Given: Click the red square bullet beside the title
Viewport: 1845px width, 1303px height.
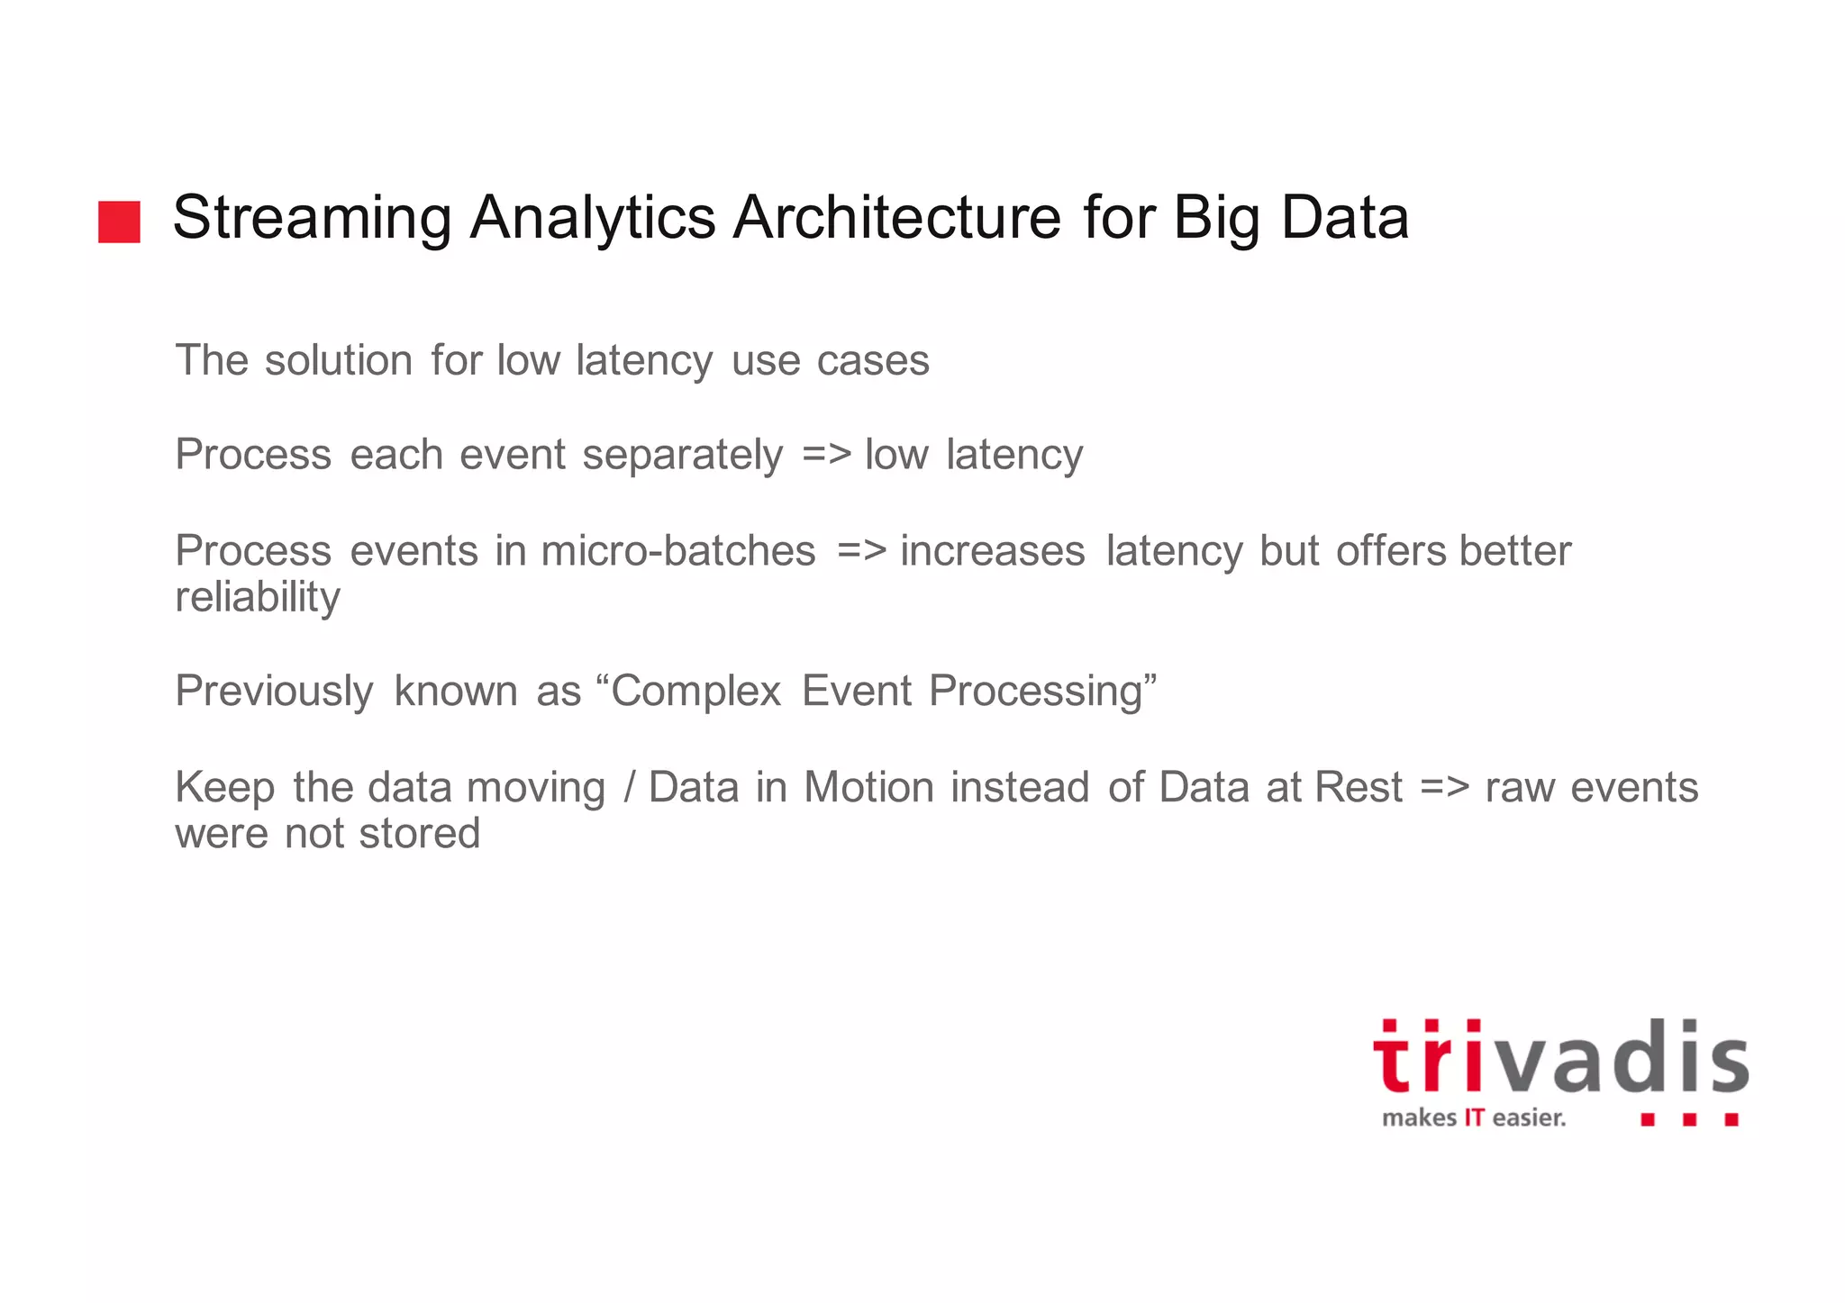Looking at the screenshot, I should click(119, 222).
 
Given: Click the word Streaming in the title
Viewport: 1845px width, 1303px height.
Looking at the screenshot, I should click(312, 218).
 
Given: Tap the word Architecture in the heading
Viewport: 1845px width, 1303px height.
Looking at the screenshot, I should click(896, 218).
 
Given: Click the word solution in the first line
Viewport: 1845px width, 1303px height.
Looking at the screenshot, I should click(339, 360).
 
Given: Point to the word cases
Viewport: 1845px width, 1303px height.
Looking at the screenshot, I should click(872, 360).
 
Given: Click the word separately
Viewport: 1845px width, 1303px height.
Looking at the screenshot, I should click(682, 455).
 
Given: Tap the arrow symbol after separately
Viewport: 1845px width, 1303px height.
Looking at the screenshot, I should click(826, 455).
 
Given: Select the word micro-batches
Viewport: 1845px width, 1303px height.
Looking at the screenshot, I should click(677, 550).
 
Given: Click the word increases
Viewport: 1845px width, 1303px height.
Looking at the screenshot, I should click(992, 550).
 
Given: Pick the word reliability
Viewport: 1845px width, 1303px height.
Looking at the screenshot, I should click(258, 597).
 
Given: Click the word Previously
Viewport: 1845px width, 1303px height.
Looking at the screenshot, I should click(274, 692).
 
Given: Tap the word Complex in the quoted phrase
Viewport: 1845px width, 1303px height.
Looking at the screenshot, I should click(695, 692).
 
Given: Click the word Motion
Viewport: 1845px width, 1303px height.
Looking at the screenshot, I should click(868, 787).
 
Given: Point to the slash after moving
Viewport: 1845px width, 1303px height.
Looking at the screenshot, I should click(628, 787).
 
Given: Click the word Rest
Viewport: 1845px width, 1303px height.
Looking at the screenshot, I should click(1359, 787).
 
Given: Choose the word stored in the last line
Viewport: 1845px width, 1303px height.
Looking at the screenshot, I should click(419, 833).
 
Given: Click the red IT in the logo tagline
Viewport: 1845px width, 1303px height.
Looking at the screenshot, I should click(1473, 1118).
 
